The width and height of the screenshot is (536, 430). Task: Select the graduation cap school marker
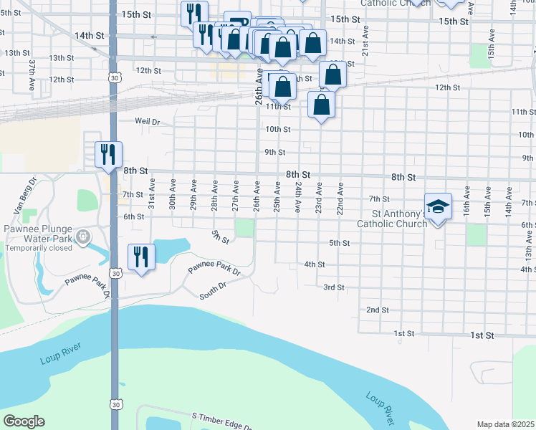point(439,208)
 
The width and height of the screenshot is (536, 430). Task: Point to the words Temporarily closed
point(39,248)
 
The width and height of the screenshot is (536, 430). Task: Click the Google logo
point(24,421)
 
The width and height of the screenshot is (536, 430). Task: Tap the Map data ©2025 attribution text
point(505,424)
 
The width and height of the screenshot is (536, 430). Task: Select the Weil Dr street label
point(147,122)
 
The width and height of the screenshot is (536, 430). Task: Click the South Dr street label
point(213,290)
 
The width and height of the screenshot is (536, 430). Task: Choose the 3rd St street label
point(334,287)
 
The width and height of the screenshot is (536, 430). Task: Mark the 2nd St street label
point(377,310)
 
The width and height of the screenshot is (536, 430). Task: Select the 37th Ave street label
point(32,74)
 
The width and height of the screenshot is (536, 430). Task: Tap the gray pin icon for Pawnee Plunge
point(83,235)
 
